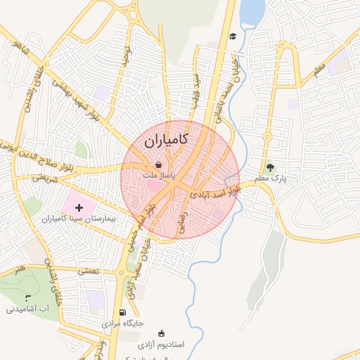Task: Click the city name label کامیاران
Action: [x=165, y=141]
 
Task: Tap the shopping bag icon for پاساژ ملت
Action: [x=159, y=165]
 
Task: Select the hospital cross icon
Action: [x=79, y=207]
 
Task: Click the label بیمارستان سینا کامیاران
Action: [x=79, y=219]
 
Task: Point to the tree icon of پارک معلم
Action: [x=271, y=167]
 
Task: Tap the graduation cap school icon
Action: [x=232, y=37]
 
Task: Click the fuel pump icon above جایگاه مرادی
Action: [x=123, y=313]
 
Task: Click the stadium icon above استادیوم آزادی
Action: [x=162, y=334]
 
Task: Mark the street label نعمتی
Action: [x=89, y=269]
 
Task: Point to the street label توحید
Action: [x=127, y=56]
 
